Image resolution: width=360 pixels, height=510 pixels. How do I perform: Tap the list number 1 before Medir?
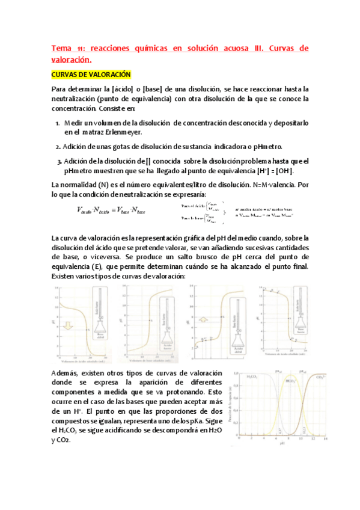56,123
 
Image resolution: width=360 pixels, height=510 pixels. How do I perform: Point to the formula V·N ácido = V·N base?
111,210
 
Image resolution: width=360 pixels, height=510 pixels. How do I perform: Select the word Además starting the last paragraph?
66,373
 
